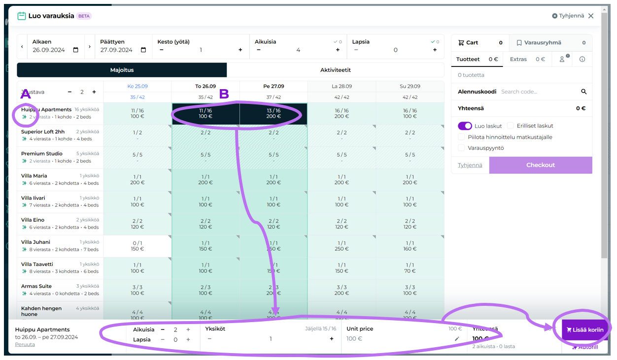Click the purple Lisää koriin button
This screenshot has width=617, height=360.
tap(585, 329)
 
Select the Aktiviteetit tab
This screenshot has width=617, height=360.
tap(335, 70)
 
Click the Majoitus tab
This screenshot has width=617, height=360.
tap(122, 70)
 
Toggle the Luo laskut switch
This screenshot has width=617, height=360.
tap(465, 126)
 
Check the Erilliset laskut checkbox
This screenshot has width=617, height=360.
tap(511, 126)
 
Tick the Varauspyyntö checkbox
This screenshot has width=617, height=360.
tap(461, 148)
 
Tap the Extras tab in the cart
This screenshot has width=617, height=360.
tap(518, 59)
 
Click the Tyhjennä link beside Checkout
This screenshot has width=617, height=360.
tap(470, 165)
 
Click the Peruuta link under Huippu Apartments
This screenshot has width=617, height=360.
tap(25, 344)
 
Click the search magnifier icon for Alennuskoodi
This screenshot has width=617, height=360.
tap(584, 92)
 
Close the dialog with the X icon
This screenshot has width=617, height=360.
tap(591, 16)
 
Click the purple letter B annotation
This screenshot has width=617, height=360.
tap(224, 94)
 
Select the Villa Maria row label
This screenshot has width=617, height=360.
tap(34, 176)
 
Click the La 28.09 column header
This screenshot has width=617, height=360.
tap(342, 86)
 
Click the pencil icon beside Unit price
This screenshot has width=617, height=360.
tap(457, 339)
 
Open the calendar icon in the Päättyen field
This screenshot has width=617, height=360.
tap(143, 50)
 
